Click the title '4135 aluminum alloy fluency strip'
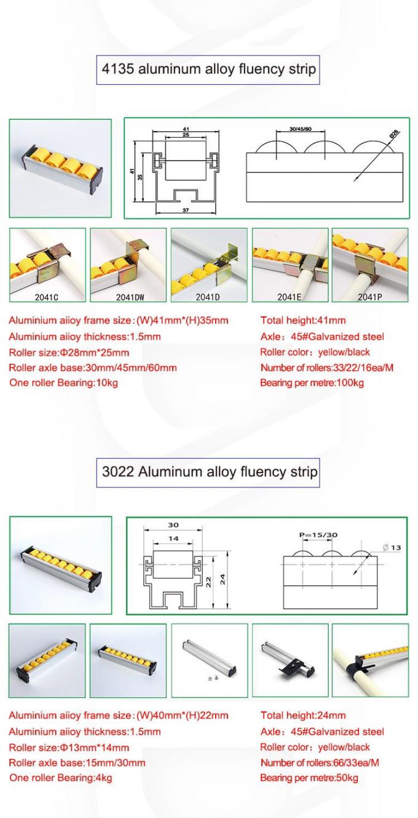(209, 70)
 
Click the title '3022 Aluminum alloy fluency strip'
(209, 472)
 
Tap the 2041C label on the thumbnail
(47, 295)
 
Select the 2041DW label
(128, 295)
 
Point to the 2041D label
(209, 295)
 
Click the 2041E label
(289, 295)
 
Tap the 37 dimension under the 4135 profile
(186, 211)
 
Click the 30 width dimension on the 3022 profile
(174, 526)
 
